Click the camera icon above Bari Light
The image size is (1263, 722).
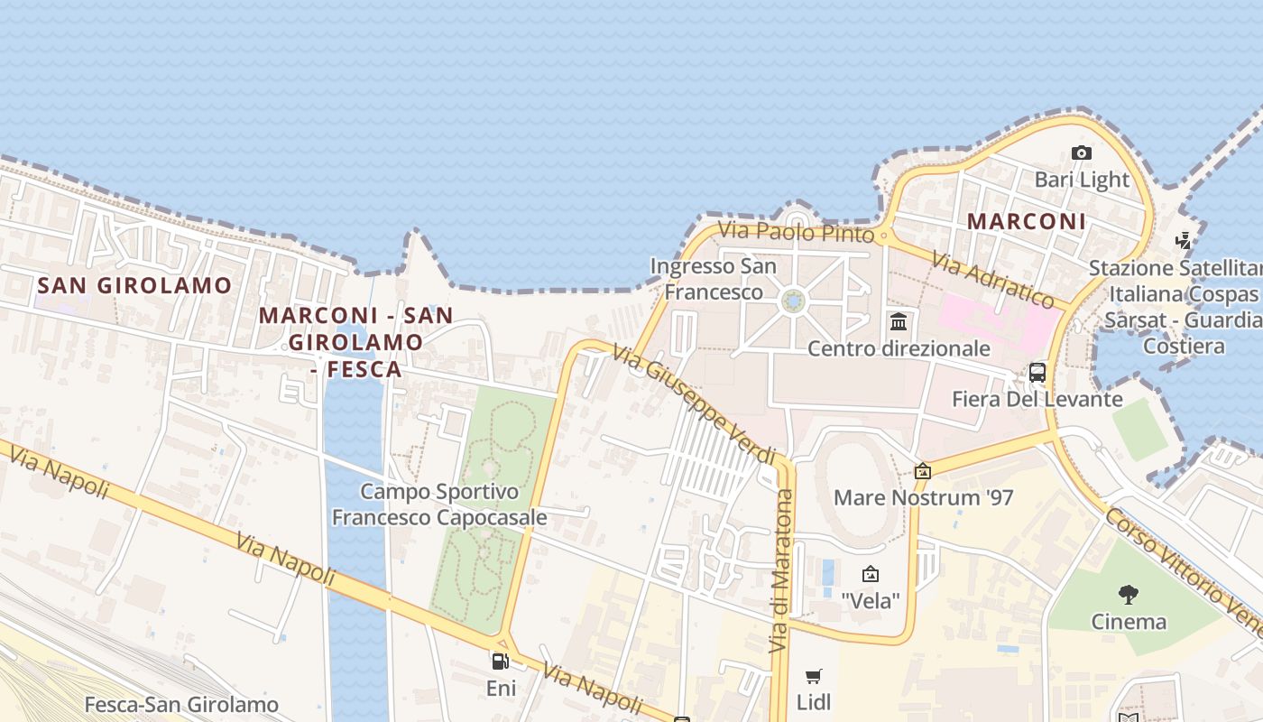pyautogui.click(x=1081, y=153)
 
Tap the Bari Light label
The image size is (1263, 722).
pyautogui.click(x=1082, y=180)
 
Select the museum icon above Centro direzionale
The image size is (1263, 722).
pyautogui.click(x=899, y=321)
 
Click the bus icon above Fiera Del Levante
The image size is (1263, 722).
pyautogui.click(x=1037, y=372)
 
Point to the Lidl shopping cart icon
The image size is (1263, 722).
pyautogui.click(x=814, y=676)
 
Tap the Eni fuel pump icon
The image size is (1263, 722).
pyautogui.click(x=501, y=662)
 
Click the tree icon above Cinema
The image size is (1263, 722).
pyautogui.click(x=1128, y=594)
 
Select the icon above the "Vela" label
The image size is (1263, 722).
pyautogui.click(x=871, y=574)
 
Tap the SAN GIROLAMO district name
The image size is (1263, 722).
pyautogui.click(x=134, y=286)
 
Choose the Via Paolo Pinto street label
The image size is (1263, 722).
pyautogui.click(x=796, y=232)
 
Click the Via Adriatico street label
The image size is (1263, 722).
pyautogui.click(x=993, y=280)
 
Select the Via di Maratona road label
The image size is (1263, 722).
pyautogui.click(x=781, y=570)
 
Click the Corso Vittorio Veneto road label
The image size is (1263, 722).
pyautogui.click(x=1182, y=570)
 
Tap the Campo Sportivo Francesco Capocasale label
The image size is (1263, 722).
pyautogui.click(x=439, y=504)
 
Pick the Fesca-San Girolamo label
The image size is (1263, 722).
pyautogui.click(x=181, y=704)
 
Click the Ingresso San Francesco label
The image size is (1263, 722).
pyautogui.click(x=713, y=279)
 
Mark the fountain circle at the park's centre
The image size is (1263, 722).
pyautogui.click(x=794, y=301)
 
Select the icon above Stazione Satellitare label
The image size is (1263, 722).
pyautogui.click(x=1184, y=240)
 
